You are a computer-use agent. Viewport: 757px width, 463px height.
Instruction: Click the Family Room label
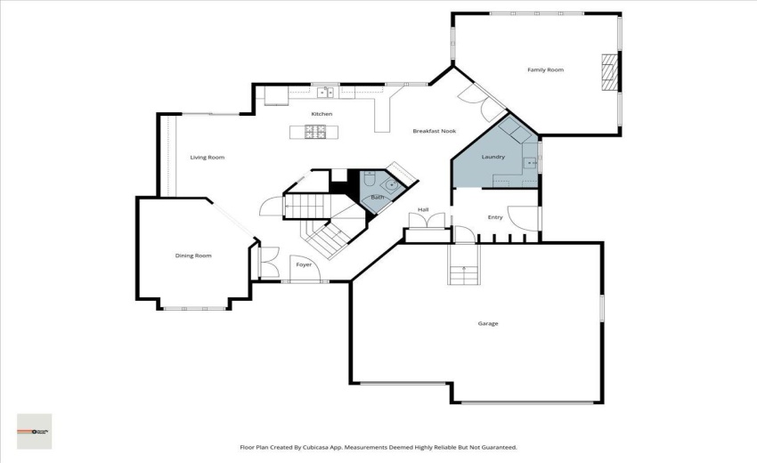tap(545, 69)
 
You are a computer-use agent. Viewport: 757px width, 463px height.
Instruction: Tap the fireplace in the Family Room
tap(609, 72)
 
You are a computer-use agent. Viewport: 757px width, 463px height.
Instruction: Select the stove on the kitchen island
tap(315, 132)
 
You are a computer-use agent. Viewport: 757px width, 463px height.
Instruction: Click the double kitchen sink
tap(326, 91)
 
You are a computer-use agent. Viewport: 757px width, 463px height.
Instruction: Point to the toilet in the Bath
tap(369, 180)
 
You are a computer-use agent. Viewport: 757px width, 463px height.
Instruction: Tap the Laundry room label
tap(493, 158)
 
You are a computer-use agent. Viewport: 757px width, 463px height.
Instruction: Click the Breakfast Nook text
tap(434, 131)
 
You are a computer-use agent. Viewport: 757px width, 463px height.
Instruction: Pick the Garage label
tap(488, 323)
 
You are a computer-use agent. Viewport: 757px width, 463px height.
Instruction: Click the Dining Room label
tap(193, 256)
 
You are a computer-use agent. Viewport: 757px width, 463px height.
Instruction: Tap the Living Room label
tap(208, 158)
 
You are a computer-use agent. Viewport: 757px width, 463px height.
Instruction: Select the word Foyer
tap(304, 264)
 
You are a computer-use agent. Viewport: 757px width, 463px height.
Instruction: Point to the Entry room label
tap(494, 217)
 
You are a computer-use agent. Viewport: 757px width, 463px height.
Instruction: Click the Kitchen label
tap(322, 114)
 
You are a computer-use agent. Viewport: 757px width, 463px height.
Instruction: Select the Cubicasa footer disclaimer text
tap(378, 448)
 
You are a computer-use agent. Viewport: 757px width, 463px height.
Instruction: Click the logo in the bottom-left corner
tap(35, 431)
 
